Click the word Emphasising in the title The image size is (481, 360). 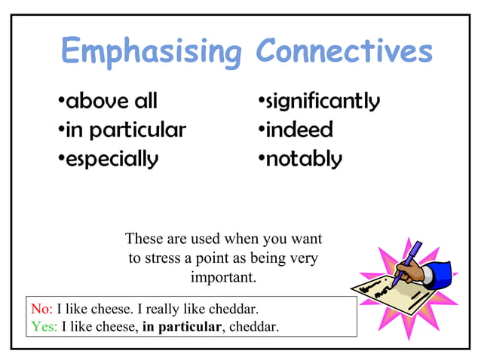[150, 53]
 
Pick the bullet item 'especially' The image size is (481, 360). [111, 160]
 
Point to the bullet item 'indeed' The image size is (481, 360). [297, 130]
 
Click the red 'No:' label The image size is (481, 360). [41, 309]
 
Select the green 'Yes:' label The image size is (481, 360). [44, 326]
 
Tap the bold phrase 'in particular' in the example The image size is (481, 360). [181, 326]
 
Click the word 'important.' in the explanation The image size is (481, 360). [223, 277]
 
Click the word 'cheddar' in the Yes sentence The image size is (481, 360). [253, 326]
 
